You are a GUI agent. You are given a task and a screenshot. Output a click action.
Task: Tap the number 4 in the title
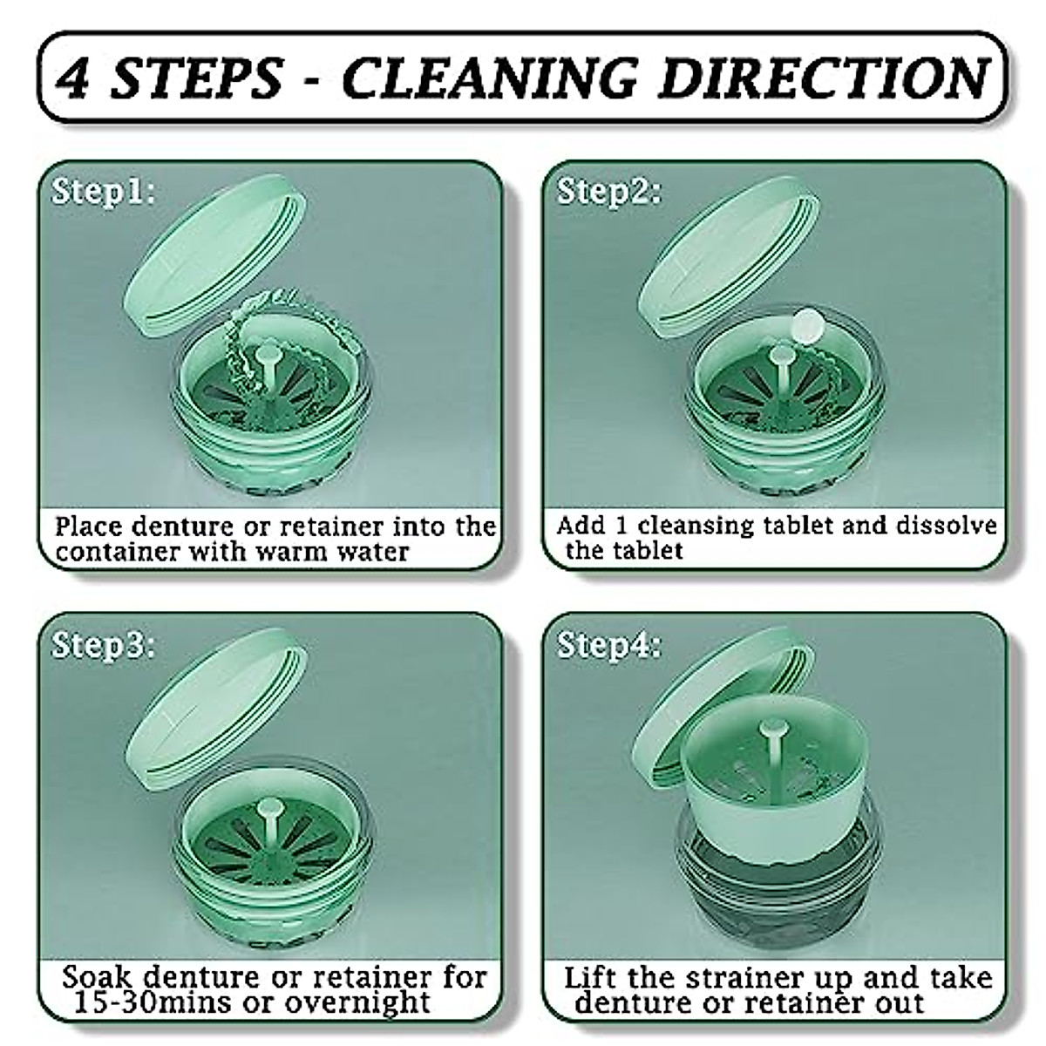pyautogui.click(x=74, y=78)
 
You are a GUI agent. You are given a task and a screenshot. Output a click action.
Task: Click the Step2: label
pyautogui.click(x=609, y=191)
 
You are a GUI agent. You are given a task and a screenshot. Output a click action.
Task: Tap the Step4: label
pyautogui.click(x=609, y=646)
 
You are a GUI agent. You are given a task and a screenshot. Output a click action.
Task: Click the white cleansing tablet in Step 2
pyautogui.click(x=808, y=327)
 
